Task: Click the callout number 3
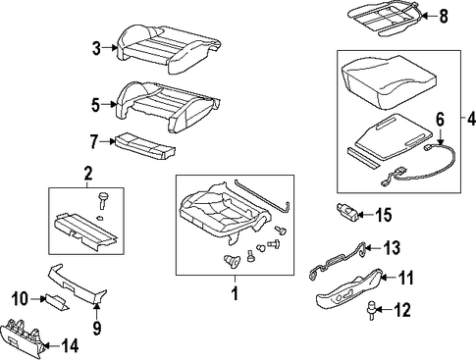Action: click(x=96, y=48)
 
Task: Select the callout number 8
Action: click(x=444, y=16)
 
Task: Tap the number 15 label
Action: click(x=383, y=215)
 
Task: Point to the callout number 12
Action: click(x=402, y=309)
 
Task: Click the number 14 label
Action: click(x=70, y=345)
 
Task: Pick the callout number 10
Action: click(x=20, y=299)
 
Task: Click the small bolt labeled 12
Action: click(x=373, y=309)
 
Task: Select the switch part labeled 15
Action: click(x=348, y=212)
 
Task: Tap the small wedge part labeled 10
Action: click(x=57, y=300)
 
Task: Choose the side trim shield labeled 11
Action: click(x=347, y=289)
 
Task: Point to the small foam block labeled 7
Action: click(x=145, y=145)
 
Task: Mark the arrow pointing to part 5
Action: click(x=109, y=105)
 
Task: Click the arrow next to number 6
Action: click(x=440, y=137)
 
